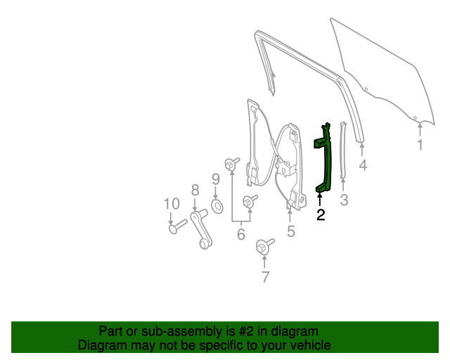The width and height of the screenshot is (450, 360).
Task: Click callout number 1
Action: [420, 146]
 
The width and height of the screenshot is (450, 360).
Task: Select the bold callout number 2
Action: [321, 215]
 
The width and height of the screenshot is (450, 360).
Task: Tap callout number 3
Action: [344, 201]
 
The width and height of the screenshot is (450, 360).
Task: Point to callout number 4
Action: [363, 166]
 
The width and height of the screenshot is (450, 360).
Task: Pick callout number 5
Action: [290, 231]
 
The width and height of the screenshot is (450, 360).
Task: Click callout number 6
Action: [240, 234]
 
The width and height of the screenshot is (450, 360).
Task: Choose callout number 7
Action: [265, 277]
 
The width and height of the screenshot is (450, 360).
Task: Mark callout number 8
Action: [195, 189]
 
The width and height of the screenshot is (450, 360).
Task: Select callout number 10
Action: [172, 204]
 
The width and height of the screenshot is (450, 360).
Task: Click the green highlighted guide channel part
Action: [324, 158]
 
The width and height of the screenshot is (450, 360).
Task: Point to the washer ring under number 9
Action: [217, 206]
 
